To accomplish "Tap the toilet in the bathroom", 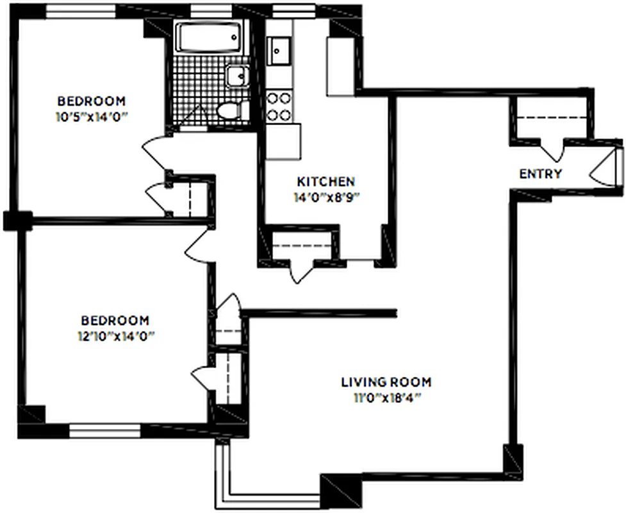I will click(231, 111).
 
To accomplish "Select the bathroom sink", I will click(237, 76).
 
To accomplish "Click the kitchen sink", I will click(279, 50).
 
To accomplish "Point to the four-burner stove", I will click(279, 106).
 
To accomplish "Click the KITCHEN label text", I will click(325, 181).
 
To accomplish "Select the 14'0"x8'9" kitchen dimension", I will click(325, 198).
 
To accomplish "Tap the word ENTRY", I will click(540, 174).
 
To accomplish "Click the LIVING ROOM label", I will click(386, 382).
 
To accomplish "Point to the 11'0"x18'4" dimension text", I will click(386, 398).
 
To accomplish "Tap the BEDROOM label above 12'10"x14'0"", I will click(115, 320).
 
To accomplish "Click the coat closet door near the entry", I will click(552, 150).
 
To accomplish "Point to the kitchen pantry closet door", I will click(301, 270).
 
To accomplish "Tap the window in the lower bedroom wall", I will click(104, 431).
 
